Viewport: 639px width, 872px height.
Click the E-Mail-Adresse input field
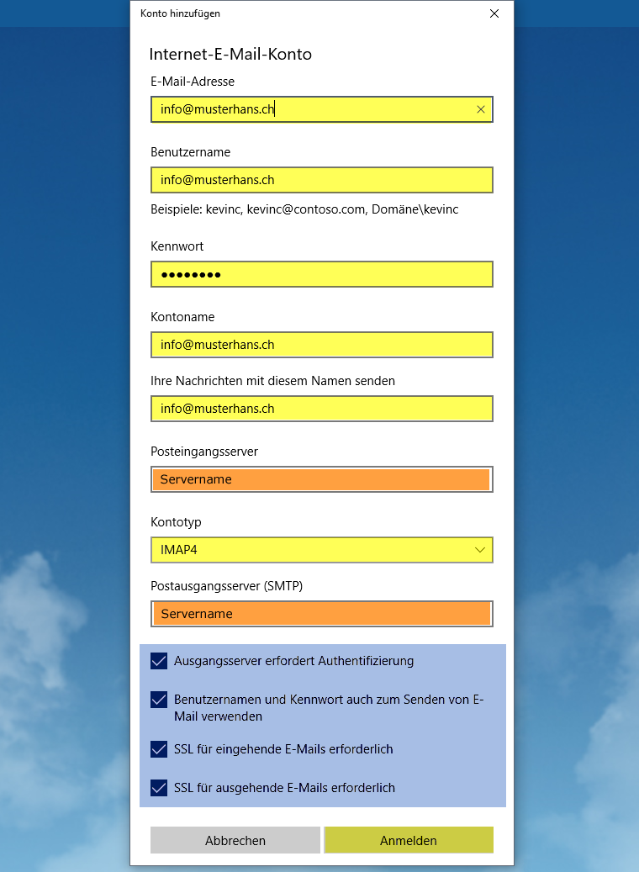click(311, 109)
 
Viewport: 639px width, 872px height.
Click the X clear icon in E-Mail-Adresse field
click(481, 109)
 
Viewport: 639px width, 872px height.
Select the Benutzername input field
click(321, 180)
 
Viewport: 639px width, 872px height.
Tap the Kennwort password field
click(321, 274)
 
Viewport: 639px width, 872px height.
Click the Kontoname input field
click(321, 345)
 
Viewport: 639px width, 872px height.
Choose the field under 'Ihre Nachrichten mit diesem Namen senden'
click(321, 409)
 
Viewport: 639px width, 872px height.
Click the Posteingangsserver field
click(321, 479)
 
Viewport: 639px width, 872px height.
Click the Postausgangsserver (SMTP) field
click(321, 614)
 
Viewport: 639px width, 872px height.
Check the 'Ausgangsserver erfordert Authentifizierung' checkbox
click(158, 661)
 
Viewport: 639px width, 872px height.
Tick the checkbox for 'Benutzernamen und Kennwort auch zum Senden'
click(158, 700)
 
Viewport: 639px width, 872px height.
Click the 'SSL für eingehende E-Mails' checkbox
click(158, 749)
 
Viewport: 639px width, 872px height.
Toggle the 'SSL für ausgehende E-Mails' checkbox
click(158, 788)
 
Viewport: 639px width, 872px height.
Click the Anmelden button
click(409, 840)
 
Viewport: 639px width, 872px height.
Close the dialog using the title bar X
click(494, 13)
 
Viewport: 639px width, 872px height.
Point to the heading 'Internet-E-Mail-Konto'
click(230, 55)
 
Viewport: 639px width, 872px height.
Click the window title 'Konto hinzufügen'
click(180, 13)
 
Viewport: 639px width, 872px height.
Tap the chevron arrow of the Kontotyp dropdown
click(480, 550)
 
